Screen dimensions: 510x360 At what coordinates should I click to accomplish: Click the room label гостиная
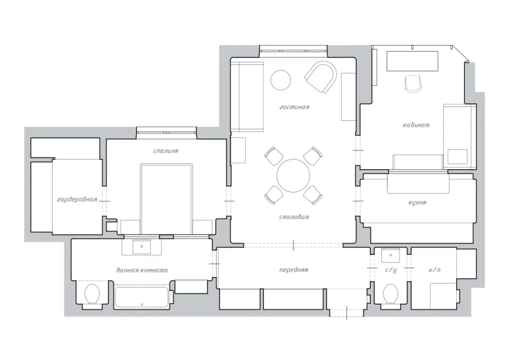pos(294,107)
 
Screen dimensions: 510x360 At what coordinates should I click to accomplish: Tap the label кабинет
pos(416,125)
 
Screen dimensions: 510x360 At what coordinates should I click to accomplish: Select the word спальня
pos(166,151)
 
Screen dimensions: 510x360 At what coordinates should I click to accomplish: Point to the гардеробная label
pos(77,199)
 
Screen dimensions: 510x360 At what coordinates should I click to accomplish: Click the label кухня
pos(417,203)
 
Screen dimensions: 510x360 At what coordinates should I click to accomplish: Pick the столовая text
pos(294,217)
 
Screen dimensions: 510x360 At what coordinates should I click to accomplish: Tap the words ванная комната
pos(142,270)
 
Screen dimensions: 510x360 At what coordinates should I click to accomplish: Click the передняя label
pos(293,270)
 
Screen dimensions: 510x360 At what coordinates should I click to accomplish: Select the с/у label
pos(390,270)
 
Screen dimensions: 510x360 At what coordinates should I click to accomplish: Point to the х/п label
pos(435,270)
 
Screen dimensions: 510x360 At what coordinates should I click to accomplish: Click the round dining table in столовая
pos(293,175)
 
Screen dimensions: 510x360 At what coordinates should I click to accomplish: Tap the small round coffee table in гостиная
pos(281,80)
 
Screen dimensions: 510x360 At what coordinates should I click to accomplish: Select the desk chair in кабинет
pos(413,83)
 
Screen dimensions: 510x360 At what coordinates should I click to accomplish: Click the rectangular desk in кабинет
pos(412,61)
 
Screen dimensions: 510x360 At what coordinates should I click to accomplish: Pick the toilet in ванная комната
pos(92,294)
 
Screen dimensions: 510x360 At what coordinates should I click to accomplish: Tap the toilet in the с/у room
pos(390,294)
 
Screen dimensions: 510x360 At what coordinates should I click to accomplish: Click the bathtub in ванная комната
pos(142,297)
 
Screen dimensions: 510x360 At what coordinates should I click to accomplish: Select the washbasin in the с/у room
pos(390,256)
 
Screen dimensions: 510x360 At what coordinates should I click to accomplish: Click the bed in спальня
pos(166,199)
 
